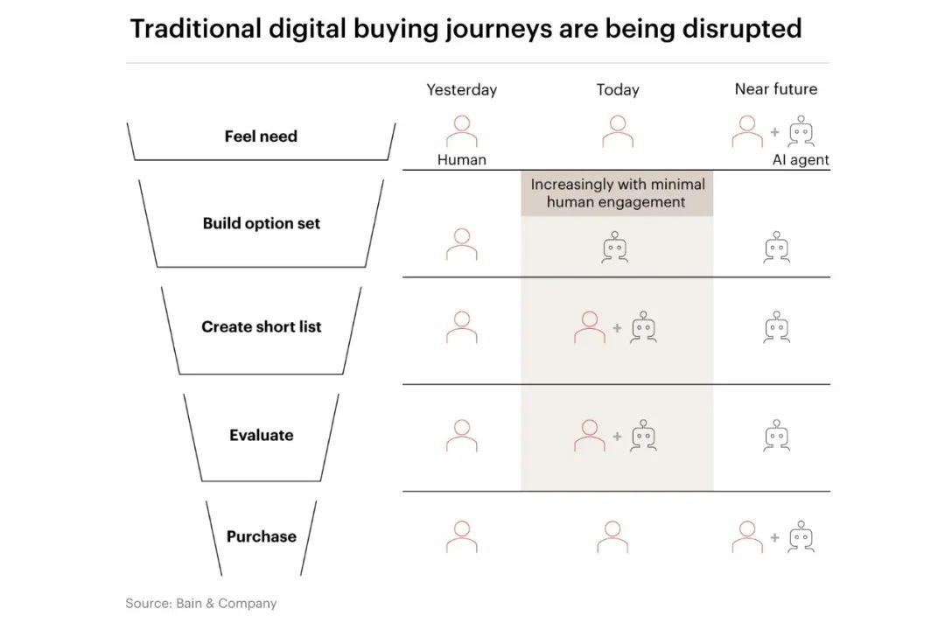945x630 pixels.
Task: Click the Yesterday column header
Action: (462, 90)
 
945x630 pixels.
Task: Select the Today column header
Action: (618, 90)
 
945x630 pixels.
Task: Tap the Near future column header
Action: (776, 89)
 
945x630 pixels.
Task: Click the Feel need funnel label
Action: (261, 136)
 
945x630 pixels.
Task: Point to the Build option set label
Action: (262, 224)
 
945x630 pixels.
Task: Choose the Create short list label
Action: (262, 326)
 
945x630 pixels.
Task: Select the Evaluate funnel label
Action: (262, 435)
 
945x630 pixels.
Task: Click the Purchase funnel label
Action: (262, 536)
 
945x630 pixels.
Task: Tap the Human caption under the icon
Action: (462, 160)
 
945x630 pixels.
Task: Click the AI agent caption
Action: (801, 160)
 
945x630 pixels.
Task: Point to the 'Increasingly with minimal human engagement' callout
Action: (617, 192)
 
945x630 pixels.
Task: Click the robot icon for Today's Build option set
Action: (615, 247)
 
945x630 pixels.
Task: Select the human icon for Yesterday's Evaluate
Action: (462, 435)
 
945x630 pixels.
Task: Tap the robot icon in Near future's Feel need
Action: (801, 131)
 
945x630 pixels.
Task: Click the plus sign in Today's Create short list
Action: (617, 328)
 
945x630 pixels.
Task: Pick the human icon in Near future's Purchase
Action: (747, 536)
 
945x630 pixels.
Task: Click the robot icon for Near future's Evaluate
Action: (777, 436)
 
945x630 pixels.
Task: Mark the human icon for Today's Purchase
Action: (612, 536)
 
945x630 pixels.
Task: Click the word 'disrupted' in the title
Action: (742, 29)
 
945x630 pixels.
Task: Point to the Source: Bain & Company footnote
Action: (201, 604)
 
